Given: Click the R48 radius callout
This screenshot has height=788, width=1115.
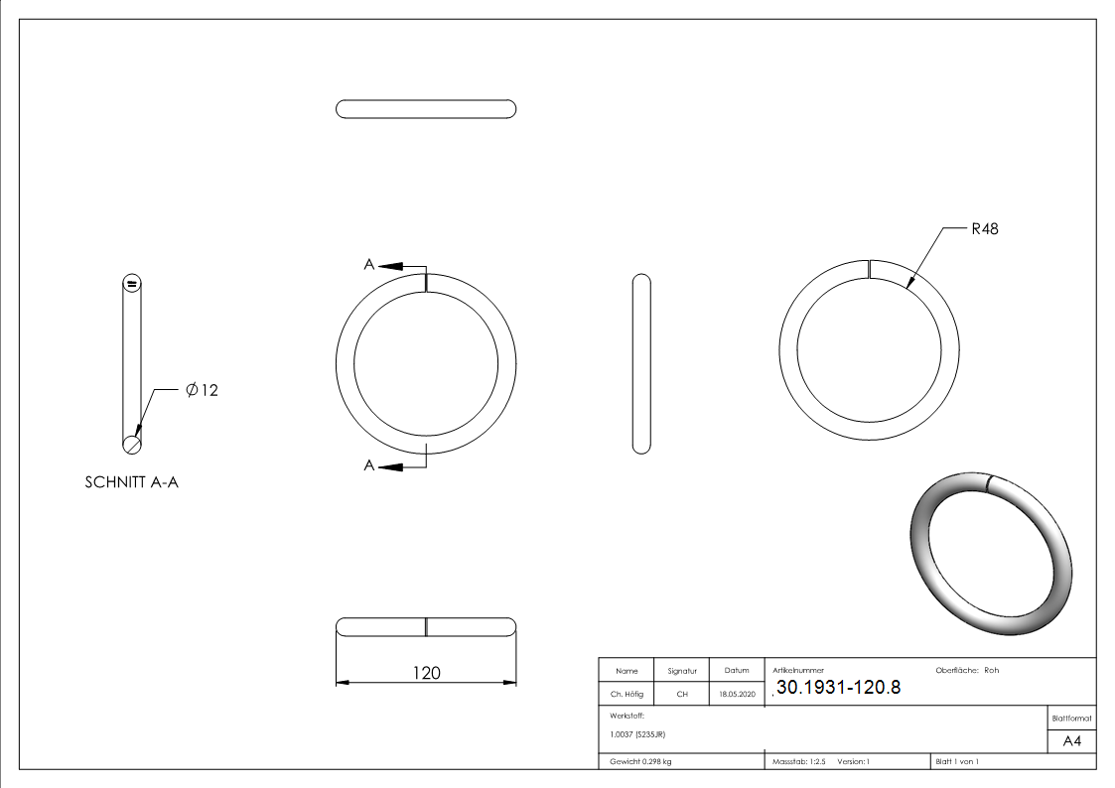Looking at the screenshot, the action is click(x=984, y=229).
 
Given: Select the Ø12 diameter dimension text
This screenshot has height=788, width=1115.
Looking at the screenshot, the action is click(x=202, y=390).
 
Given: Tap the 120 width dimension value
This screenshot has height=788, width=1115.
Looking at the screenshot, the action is click(x=427, y=672).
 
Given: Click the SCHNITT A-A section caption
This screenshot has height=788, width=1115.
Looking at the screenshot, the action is click(x=131, y=482).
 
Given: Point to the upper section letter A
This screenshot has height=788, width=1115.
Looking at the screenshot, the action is click(x=369, y=264).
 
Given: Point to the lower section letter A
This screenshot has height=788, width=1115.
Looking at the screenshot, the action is click(x=369, y=465).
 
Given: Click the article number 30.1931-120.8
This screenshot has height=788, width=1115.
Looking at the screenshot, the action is click(x=838, y=687).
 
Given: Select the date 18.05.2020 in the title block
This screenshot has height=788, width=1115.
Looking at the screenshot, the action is click(x=737, y=694).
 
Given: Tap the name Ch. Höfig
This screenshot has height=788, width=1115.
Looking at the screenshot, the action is click(x=627, y=694).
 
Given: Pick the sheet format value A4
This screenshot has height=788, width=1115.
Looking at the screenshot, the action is click(x=1071, y=741).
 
